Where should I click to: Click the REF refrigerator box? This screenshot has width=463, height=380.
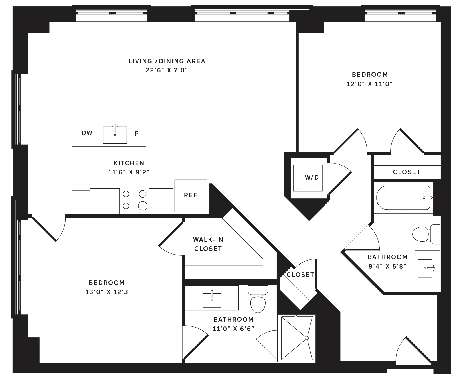(191, 196)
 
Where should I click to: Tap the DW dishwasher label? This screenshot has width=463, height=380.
(87, 133)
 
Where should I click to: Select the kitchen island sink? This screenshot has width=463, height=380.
(115, 135)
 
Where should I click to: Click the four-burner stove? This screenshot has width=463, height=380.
(134, 200)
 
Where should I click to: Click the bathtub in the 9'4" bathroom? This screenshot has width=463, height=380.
(403, 198)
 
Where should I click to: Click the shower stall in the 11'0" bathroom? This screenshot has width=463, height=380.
(296, 338)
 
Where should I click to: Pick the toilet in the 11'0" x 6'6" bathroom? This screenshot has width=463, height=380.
(258, 299)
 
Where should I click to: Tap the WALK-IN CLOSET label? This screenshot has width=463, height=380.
(208, 244)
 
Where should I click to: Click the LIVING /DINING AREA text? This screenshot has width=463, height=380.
(167, 61)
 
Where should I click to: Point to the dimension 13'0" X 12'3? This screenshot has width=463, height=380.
(106, 292)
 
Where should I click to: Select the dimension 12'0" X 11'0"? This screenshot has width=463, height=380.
(370, 84)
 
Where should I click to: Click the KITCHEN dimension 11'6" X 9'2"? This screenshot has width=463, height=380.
(129, 172)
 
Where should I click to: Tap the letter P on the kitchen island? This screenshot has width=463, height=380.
(137, 133)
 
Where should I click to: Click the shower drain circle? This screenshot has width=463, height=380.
(307, 338)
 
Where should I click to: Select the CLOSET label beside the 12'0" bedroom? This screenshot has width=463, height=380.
(407, 172)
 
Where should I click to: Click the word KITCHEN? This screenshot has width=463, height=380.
(129, 163)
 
